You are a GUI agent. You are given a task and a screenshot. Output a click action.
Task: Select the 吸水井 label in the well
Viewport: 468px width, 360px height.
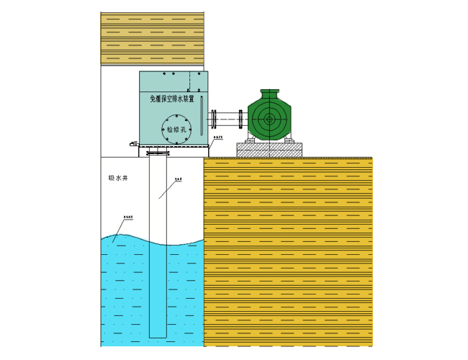tap(117, 178)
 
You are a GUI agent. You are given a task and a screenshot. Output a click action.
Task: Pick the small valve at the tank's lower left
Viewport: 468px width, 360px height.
tap(132, 145)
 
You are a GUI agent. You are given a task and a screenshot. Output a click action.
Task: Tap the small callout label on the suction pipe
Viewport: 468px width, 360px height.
tap(179, 179)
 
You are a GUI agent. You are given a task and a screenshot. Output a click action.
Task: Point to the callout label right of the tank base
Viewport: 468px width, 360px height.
tap(220, 135)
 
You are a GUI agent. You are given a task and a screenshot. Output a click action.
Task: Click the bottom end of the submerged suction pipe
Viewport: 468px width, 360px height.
tap(158, 336)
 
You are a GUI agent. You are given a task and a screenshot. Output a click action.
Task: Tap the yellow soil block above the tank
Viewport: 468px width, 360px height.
tap(153, 38)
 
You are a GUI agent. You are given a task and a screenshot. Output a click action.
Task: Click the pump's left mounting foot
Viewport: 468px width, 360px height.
tap(249, 137)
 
